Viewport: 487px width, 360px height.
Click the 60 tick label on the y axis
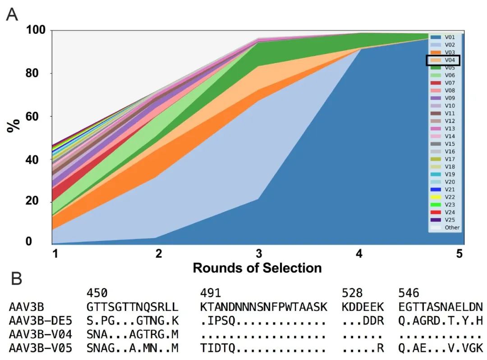tap(38, 116)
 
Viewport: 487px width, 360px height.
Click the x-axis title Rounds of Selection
tap(257, 268)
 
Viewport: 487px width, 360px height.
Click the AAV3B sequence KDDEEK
tap(363, 307)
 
